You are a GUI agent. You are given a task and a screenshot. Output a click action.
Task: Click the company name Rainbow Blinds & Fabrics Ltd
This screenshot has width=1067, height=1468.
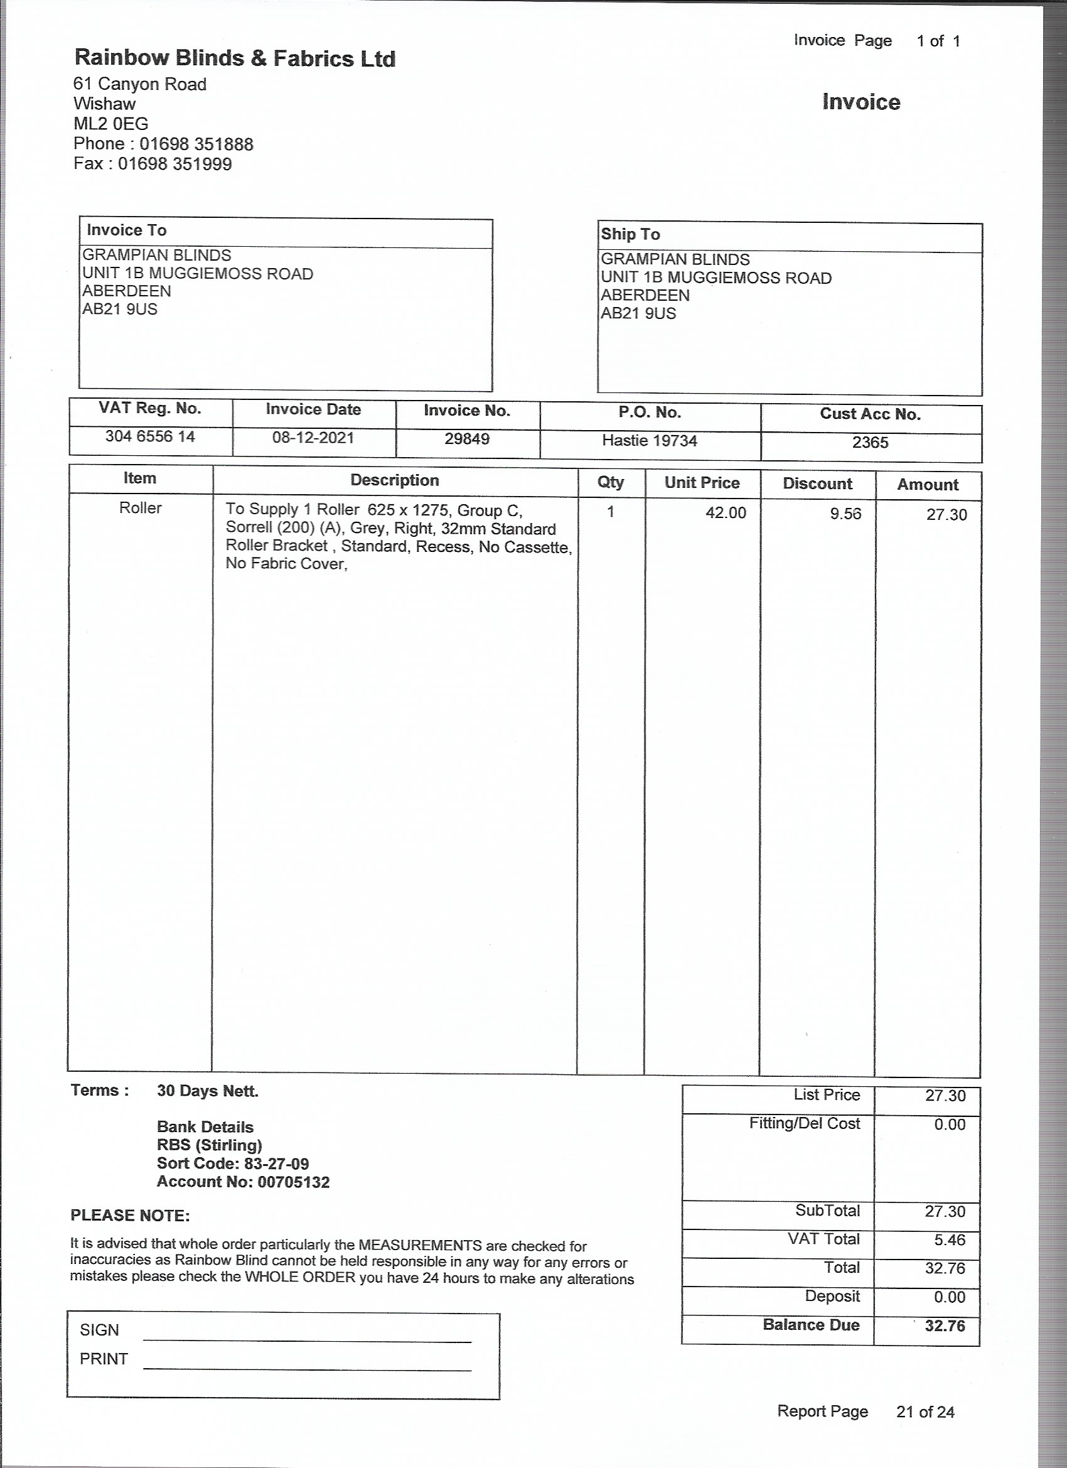pyautogui.click(x=235, y=58)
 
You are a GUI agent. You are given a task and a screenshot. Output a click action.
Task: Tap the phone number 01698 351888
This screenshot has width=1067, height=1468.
pyautogui.click(x=196, y=144)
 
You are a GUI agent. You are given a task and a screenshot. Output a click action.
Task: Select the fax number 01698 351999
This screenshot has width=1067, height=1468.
pyautogui.click(x=174, y=164)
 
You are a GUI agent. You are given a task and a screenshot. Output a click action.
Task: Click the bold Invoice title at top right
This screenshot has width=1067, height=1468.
pyautogui.click(x=861, y=102)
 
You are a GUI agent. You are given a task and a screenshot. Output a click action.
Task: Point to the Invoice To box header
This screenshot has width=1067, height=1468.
pyautogui.click(x=127, y=230)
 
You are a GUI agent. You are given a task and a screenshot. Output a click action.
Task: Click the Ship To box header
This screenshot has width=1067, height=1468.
pyautogui.click(x=630, y=234)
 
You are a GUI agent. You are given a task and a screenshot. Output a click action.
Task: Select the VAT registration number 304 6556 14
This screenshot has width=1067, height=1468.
pyautogui.click(x=150, y=437)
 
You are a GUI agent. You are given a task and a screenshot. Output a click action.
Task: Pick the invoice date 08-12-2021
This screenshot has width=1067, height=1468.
pyautogui.click(x=313, y=438)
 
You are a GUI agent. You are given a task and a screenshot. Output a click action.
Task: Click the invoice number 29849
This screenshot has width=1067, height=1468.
pyautogui.click(x=466, y=440)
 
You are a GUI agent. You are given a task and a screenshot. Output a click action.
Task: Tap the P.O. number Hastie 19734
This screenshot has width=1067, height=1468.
pyautogui.click(x=650, y=441)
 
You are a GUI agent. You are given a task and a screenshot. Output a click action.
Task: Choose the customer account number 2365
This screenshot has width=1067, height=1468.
pyautogui.click(x=870, y=443)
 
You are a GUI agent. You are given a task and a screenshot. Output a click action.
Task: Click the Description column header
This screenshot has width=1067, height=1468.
pyautogui.click(x=395, y=480)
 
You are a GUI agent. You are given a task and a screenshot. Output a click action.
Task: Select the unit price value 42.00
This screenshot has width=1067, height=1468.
pyautogui.click(x=726, y=512)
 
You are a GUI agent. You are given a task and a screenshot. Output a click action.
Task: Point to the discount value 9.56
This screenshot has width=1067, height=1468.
pyautogui.click(x=845, y=514)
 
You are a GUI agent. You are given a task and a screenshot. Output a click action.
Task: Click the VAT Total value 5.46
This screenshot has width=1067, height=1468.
pyautogui.click(x=950, y=1239)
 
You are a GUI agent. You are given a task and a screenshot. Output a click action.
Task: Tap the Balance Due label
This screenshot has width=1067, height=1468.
pyautogui.click(x=811, y=1324)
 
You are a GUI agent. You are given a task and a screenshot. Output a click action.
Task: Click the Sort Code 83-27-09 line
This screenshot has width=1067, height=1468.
pyautogui.click(x=233, y=1163)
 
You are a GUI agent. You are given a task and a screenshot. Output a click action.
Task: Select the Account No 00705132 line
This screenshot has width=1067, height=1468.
pyautogui.click(x=244, y=1182)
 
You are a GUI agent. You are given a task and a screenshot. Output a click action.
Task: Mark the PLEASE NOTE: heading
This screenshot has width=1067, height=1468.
pyautogui.click(x=130, y=1216)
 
